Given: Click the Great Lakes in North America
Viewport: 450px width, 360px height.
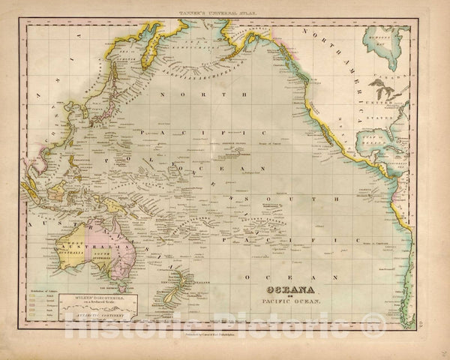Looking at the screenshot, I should pos(386,84).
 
